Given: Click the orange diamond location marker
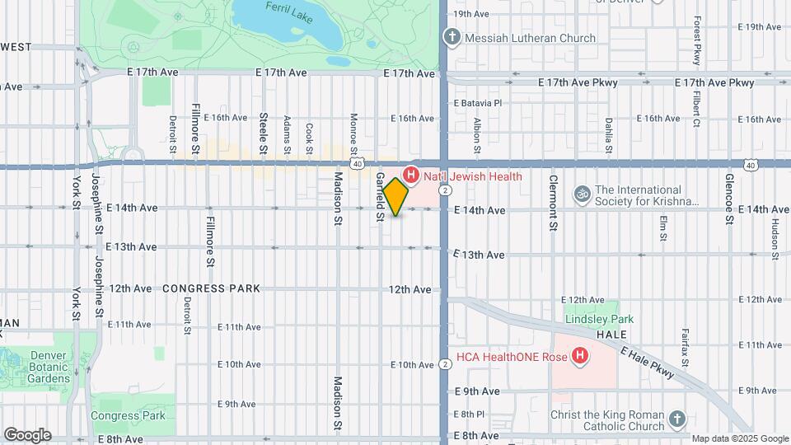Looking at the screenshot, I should click(396, 197).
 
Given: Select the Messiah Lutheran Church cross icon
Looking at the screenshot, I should click(452, 37).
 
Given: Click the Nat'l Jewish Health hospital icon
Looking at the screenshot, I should click(411, 176).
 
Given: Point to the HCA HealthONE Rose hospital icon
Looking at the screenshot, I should click(580, 356).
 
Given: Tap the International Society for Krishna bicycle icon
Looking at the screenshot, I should click(583, 194).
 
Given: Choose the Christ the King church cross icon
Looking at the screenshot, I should click(676, 419).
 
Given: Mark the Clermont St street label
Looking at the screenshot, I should click(554, 202).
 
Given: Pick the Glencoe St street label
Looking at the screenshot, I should click(729, 198).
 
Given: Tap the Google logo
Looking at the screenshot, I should click(27, 434).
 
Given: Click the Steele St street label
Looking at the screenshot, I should click(264, 133).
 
